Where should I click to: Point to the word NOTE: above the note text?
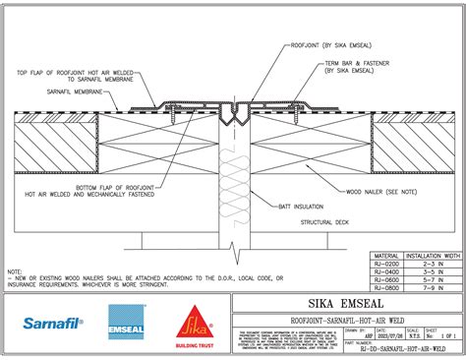point(15,270)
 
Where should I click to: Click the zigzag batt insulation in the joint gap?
point(234,187)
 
